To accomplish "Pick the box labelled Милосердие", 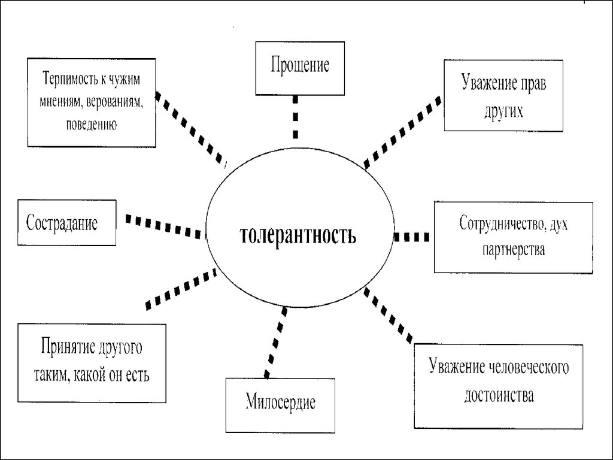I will tap(280, 404).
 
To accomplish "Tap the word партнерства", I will tap(512, 249).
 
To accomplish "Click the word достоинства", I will tap(498, 396).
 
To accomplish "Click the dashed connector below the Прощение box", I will tap(296, 117).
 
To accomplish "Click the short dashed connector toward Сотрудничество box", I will tap(412, 237).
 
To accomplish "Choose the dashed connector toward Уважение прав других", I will tap(402, 130).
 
